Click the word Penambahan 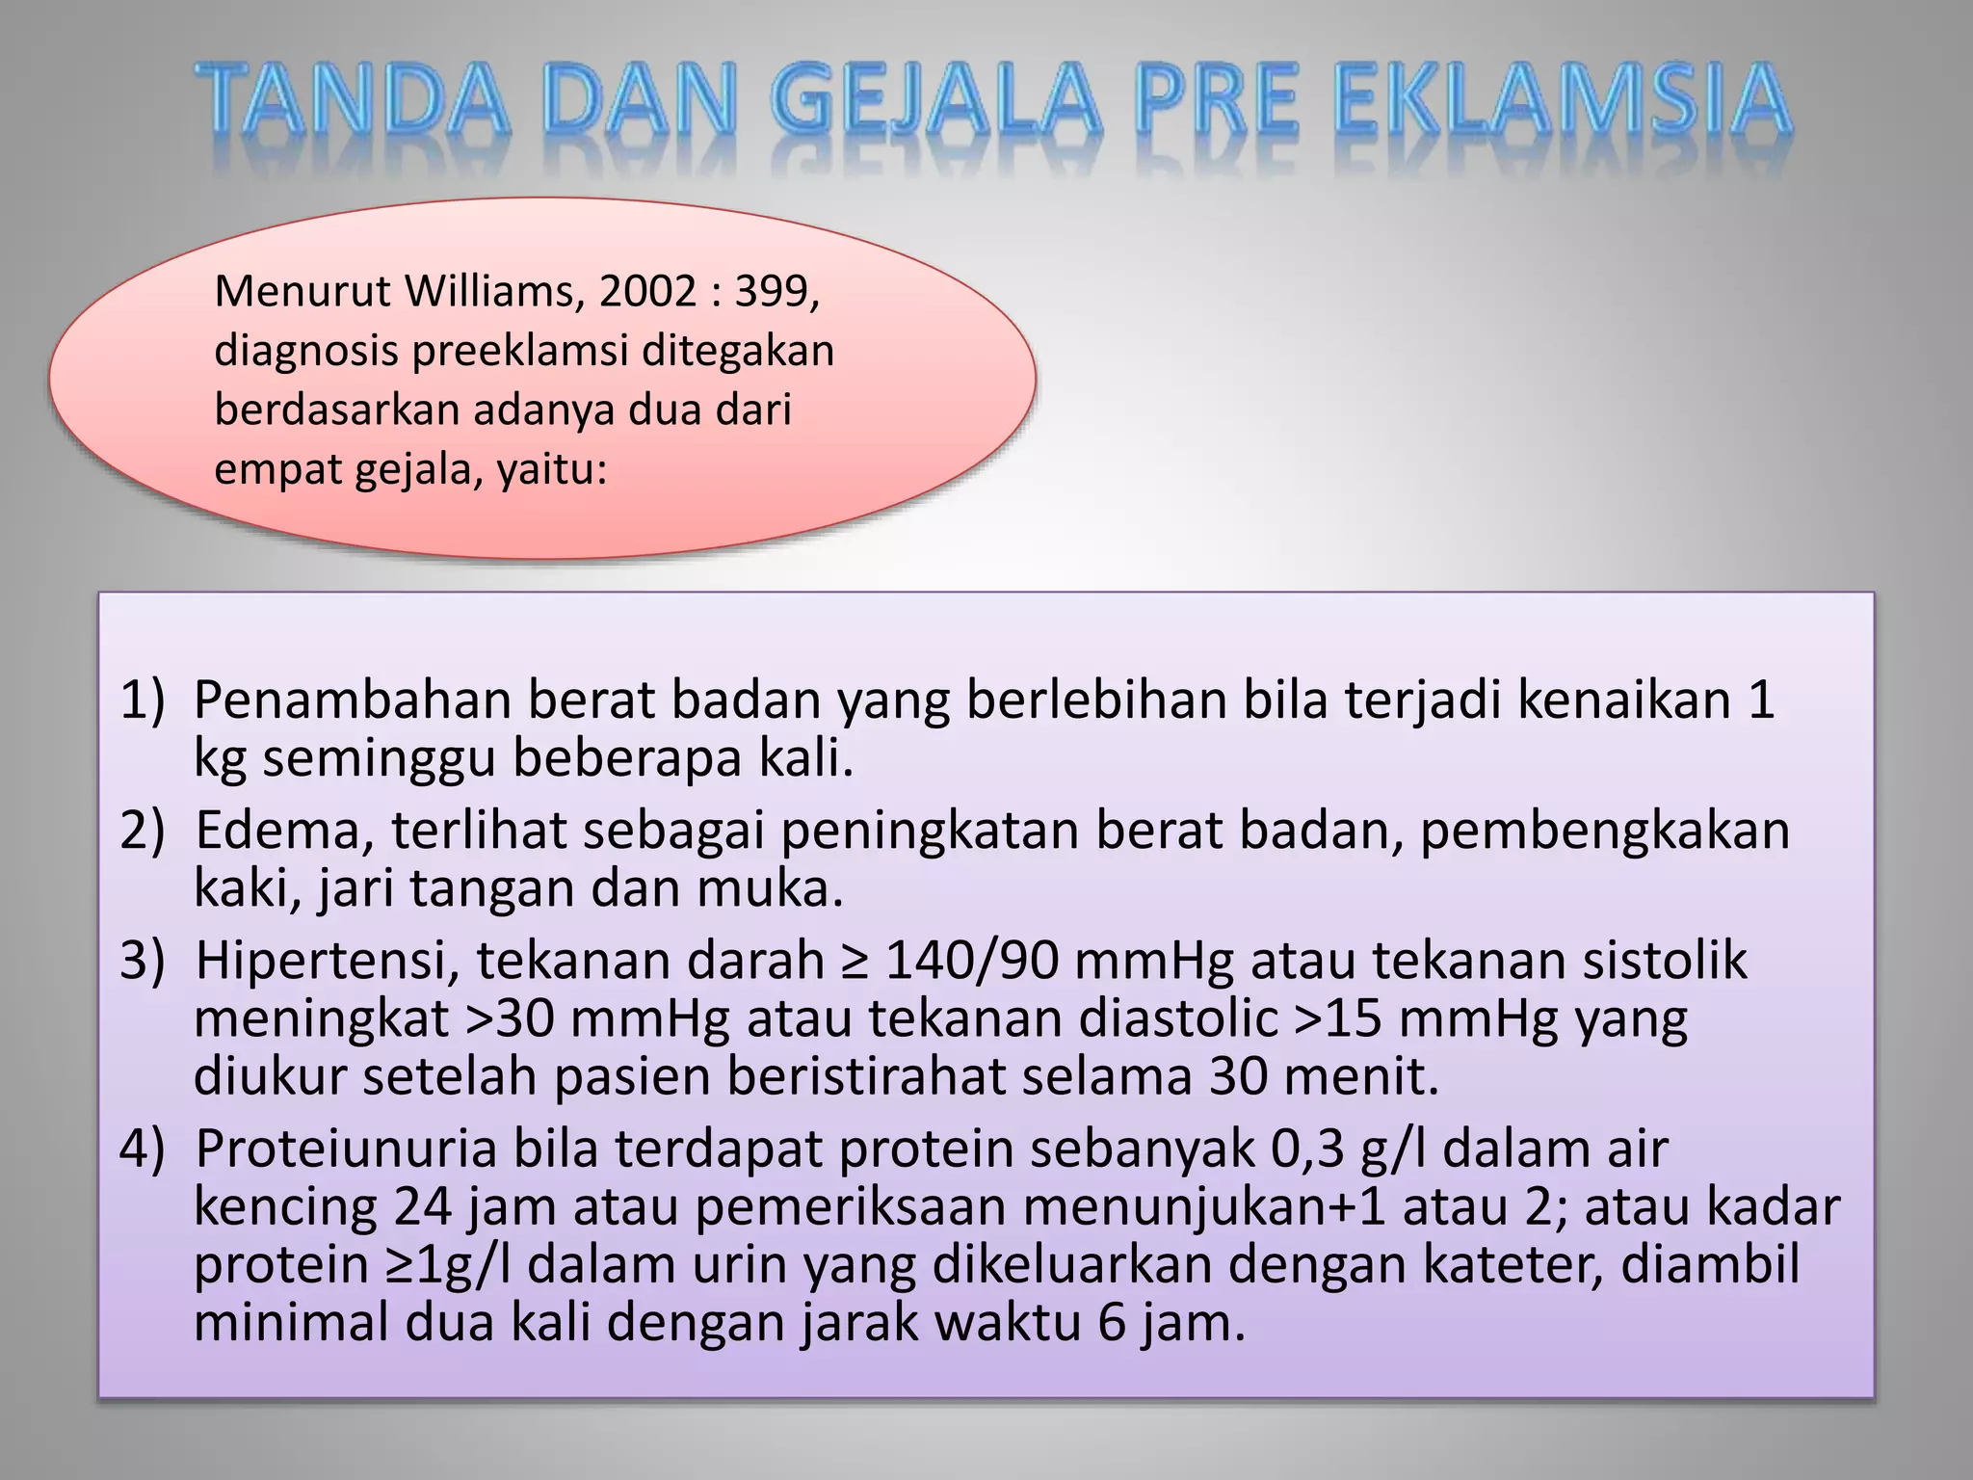point(352,700)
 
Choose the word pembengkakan point(1605,830)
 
